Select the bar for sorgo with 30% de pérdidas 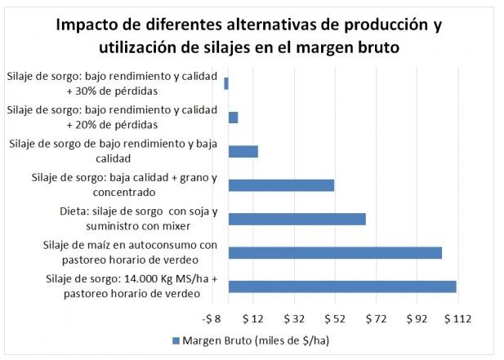pyautogui.click(x=226, y=83)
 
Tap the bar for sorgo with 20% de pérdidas pyautogui.click(x=233, y=118)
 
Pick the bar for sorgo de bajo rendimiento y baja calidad pyautogui.click(x=243, y=151)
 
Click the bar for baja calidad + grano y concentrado pyautogui.click(x=281, y=185)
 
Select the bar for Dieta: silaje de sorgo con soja pyautogui.click(x=297, y=219)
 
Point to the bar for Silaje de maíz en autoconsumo pyautogui.click(x=335, y=252)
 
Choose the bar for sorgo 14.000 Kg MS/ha pyautogui.click(x=342, y=287)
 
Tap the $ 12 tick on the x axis pyautogui.click(x=254, y=317)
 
